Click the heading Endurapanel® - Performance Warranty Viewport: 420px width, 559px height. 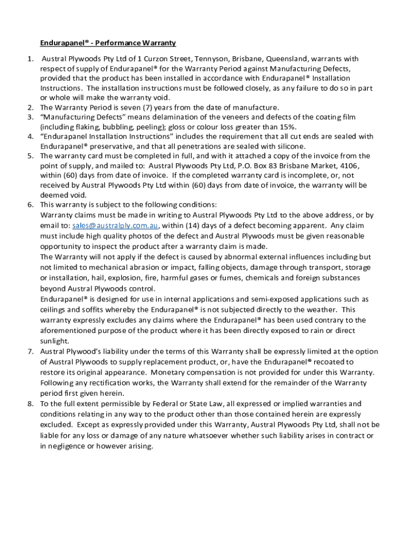(107, 43)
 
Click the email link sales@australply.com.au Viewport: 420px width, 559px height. (115, 225)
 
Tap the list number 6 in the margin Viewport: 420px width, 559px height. (31, 205)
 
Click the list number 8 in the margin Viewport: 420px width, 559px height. (31, 403)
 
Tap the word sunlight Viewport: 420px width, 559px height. (54, 341)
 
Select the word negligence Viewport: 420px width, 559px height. (69, 445)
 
